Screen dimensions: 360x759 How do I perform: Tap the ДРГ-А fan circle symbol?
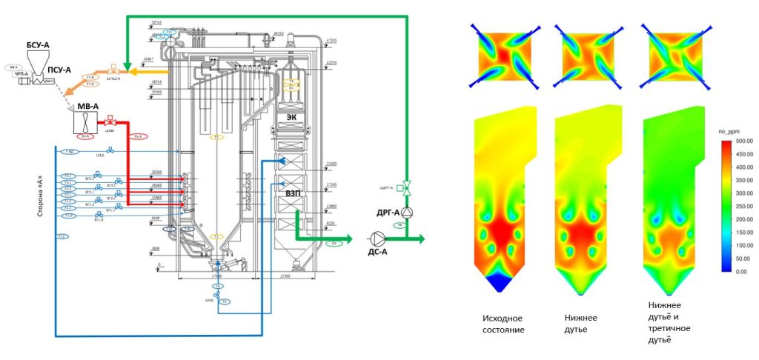point(406,213)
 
